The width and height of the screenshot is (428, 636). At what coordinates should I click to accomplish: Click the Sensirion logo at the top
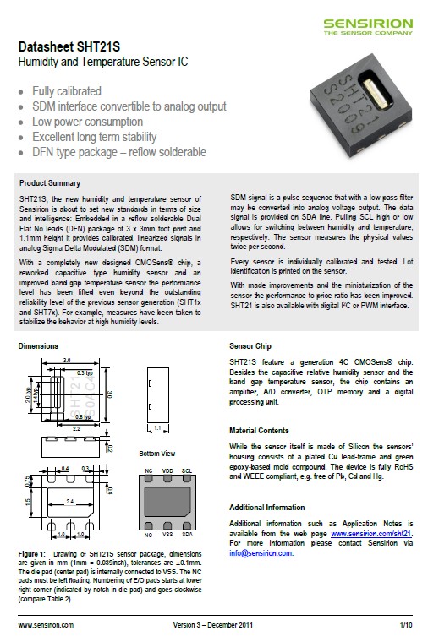pos(368,26)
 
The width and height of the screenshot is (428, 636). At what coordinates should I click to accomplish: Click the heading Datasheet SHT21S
pos(69,47)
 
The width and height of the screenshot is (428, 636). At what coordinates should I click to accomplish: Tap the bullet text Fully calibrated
pos(67,91)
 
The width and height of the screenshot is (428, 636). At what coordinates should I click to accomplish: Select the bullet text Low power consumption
pos(88,122)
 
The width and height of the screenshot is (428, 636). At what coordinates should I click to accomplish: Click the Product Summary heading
pos(50,183)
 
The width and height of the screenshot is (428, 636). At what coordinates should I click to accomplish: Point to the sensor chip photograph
pos(360,105)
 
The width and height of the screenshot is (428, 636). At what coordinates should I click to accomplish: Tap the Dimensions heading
pos(38,346)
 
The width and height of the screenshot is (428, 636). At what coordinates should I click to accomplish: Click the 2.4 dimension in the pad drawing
pos(70,502)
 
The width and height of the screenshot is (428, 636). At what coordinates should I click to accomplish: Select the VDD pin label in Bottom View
pos(167,471)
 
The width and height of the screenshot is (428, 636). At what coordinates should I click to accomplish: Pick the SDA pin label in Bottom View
pos(187,534)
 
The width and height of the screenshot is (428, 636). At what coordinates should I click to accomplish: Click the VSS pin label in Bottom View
pos(167,534)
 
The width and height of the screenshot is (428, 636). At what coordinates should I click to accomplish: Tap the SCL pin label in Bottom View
pos(187,471)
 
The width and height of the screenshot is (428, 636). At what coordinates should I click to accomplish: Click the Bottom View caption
pos(157,454)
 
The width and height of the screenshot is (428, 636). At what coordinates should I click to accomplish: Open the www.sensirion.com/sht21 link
pos(371,534)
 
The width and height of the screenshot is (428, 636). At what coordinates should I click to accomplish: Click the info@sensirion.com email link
pos(261,553)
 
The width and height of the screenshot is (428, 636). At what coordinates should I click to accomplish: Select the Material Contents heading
pos(259,431)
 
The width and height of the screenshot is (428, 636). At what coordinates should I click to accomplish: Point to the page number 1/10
pos(406,625)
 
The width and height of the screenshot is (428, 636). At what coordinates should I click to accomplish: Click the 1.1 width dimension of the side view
pos(157,428)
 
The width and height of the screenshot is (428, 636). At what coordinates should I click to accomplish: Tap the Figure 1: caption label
pos(31,554)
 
